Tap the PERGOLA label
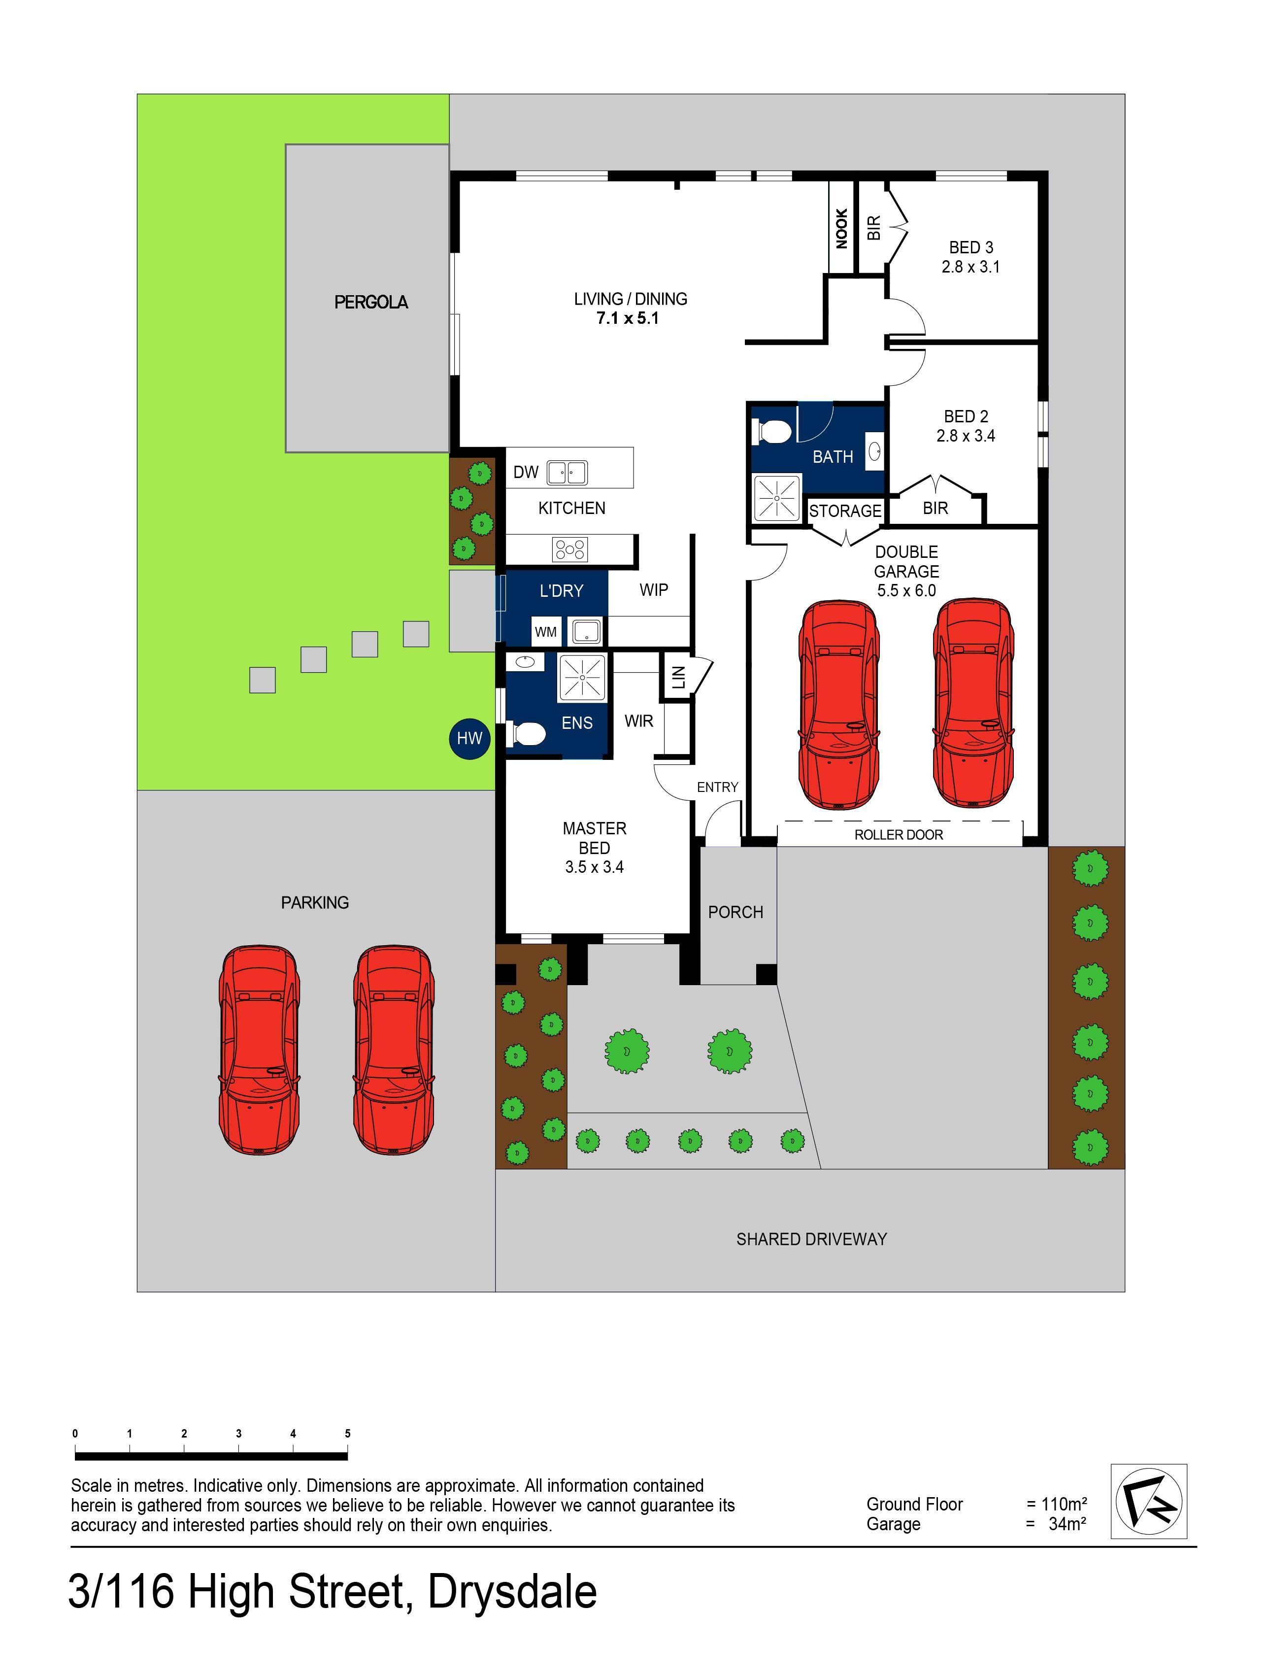point(370,302)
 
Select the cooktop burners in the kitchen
point(570,549)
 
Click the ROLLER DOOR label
point(899,835)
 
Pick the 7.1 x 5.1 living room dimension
point(627,319)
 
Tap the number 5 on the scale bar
point(348,1434)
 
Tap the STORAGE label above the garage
point(844,511)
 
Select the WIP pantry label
point(654,590)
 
